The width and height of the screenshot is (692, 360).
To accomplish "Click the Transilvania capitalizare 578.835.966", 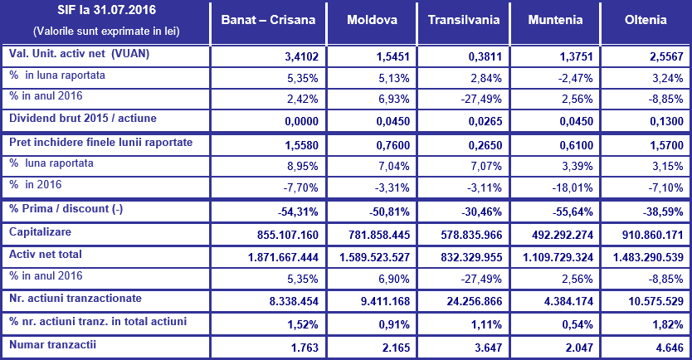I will click(465, 236).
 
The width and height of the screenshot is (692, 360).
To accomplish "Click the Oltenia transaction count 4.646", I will click(669, 347).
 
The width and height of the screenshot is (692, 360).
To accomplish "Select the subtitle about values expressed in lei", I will click(105, 32).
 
